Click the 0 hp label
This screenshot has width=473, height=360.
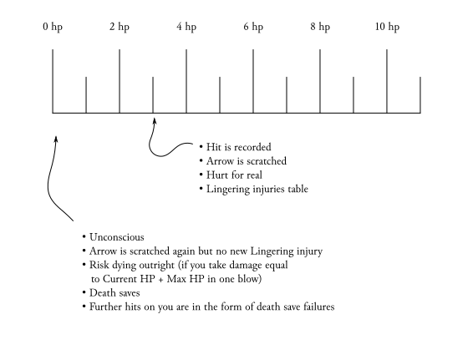[53, 27]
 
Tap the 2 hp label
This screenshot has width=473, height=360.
[120, 27]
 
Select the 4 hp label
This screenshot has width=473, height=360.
[186, 27]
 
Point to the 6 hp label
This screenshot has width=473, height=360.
[253, 27]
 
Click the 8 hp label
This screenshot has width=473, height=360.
[320, 27]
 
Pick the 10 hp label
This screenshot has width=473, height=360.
[387, 27]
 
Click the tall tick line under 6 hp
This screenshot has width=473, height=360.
[253, 81]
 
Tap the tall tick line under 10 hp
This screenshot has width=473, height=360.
[387, 81]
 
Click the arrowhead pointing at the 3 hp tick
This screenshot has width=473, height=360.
[154, 121]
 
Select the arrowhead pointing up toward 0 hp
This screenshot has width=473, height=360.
[56, 139]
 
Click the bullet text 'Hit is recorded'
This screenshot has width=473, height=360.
[239, 147]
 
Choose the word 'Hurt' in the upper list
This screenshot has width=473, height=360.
[217, 175]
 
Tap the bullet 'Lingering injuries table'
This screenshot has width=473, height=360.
[257, 190]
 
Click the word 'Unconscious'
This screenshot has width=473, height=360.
[117, 237]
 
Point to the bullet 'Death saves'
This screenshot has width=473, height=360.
[114, 293]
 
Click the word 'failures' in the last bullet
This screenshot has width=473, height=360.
[319, 307]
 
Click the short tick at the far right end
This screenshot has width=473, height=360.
[420, 95]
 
